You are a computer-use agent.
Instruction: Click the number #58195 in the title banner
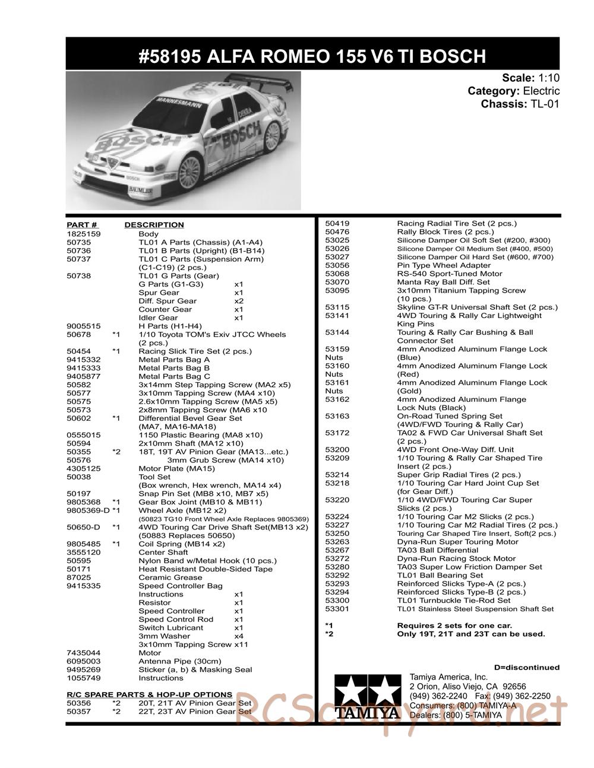pyautogui.click(x=168, y=56)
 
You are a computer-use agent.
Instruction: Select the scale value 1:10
pyautogui.click(x=549, y=78)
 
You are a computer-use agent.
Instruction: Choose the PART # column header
pyautogui.click(x=82, y=225)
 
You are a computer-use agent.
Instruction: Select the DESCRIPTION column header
pyautogui.click(x=154, y=225)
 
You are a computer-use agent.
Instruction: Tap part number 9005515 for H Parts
pyautogui.click(x=83, y=326)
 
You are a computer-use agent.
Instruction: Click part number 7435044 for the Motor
pyautogui.click(x=83, y=653)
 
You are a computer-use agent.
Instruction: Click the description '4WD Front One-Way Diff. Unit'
pyautogui.click(x=456, y=449)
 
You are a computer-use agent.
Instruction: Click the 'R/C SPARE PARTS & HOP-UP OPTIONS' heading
pyautogui.click(x=149, y=694)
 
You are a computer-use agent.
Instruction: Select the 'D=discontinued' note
pyautogui.click(x=526, y=667)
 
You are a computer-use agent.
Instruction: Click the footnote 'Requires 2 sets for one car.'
pyautogui.click(x=454, y=625)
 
